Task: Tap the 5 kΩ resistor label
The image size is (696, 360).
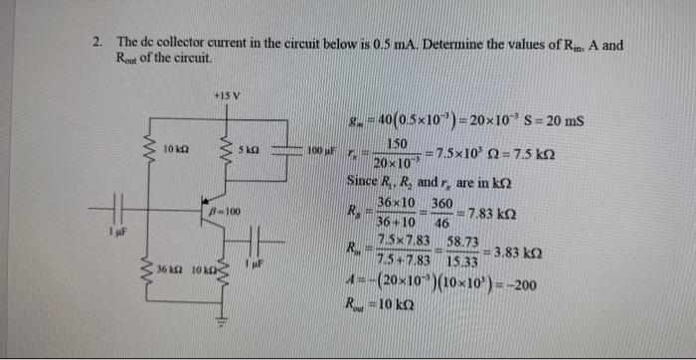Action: [249, 149]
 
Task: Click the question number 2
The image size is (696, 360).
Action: [97, 44]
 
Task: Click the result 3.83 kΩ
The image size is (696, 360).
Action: [516, 253]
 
